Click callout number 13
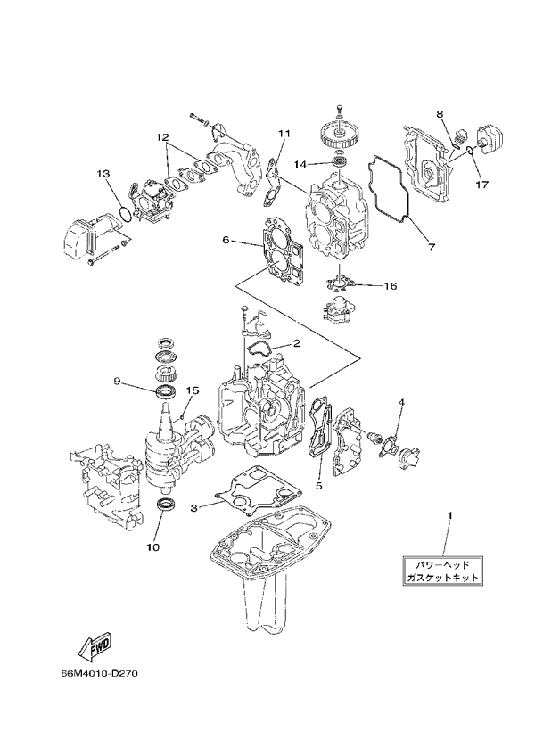103,174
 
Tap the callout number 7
432,246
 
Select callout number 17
481,185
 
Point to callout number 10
153,547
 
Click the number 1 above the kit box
449,516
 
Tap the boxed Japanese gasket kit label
442,571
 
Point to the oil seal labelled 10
167,505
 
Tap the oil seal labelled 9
167,390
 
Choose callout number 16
391,286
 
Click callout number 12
162,137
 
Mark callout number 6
226,241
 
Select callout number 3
193,507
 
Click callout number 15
193,390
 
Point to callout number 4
401,402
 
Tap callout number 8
440,113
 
